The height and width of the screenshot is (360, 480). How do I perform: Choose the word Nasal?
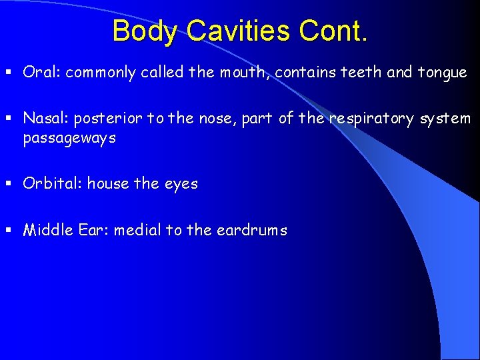pyautogui.click(x=46, y=119)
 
